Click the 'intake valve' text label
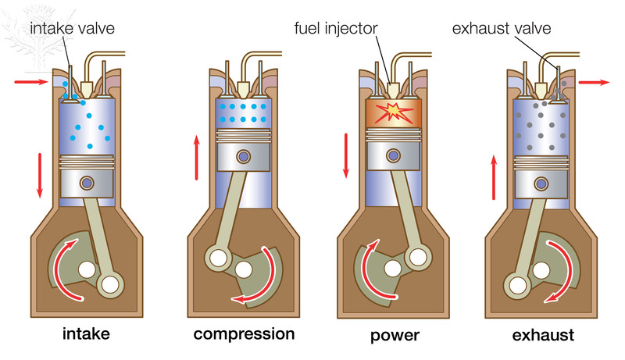(73, 29)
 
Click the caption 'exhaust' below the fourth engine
(543, 336)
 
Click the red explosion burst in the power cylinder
(391, 112)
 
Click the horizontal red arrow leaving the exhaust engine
(595, 80)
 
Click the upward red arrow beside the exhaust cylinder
(495, 176)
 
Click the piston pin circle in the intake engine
(87, 184)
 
